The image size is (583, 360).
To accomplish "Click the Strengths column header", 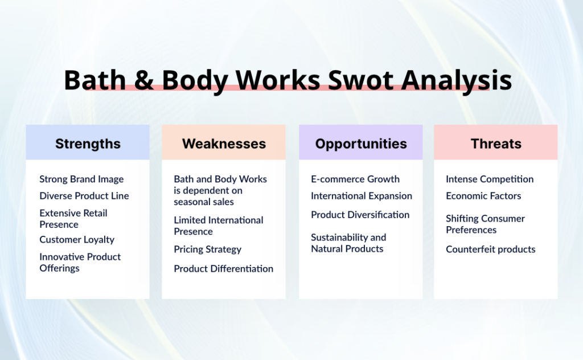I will click(x=88, y=144).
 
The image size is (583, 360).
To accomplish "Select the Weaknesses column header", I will click(x=224, y=144).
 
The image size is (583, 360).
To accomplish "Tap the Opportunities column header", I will click(x=361, y=144).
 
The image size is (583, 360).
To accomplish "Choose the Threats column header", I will click(x=496, y=144).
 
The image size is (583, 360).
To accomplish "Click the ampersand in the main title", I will click(x=144, y=80).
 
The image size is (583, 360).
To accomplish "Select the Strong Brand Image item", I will click(x=81, y=179).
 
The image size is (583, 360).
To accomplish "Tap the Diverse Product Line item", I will click(x=84, y=195).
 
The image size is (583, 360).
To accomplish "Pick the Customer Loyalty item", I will click(x=77, y=240).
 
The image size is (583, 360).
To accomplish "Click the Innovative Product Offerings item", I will click(x=80, y=263).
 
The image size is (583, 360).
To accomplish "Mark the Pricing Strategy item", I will click(x=207, y=249).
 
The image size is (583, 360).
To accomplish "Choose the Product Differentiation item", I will click(x=223, y=268).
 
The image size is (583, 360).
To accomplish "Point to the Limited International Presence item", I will click(x=218, y=226).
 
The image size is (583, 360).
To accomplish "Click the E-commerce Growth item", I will click(x=355, y=179).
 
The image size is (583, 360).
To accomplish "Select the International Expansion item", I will click(x=362, y=195).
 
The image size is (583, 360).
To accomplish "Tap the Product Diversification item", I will click(x=360, y=215).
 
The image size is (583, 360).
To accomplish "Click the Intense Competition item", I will click(x=490, y=179).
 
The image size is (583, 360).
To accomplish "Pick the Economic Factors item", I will click(x=483, y=195).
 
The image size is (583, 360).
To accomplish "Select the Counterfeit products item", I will click(x=490, y=249).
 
